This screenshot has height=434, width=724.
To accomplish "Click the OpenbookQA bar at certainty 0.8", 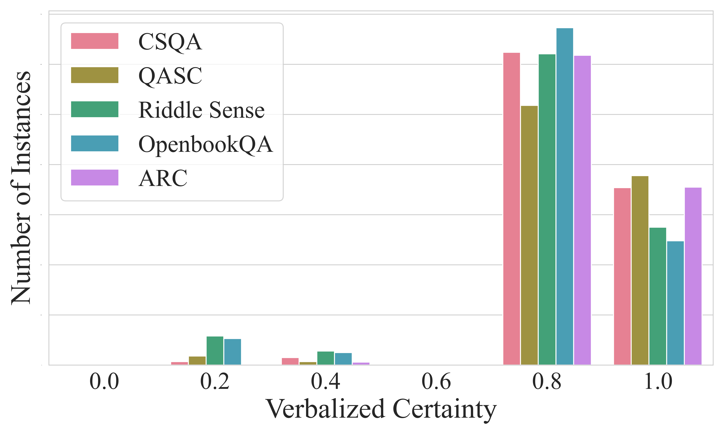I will [565, 196].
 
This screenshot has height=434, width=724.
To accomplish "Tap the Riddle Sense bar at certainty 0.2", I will [215, 350].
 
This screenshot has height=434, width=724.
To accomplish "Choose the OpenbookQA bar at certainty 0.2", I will [232, 352].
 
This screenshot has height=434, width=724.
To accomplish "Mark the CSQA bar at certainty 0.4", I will [290, 361].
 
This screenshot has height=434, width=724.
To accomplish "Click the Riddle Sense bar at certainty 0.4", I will [325, 358].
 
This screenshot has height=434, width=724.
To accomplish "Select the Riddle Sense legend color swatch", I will [95, 109].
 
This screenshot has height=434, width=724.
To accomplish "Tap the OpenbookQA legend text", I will [205, 144].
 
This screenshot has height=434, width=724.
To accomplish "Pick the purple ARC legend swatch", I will [95, 178].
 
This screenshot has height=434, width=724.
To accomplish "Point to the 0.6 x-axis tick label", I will [436, 382].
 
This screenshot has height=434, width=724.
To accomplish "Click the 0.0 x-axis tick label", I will [104, 382].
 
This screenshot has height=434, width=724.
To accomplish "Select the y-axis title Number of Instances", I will [21, 188].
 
